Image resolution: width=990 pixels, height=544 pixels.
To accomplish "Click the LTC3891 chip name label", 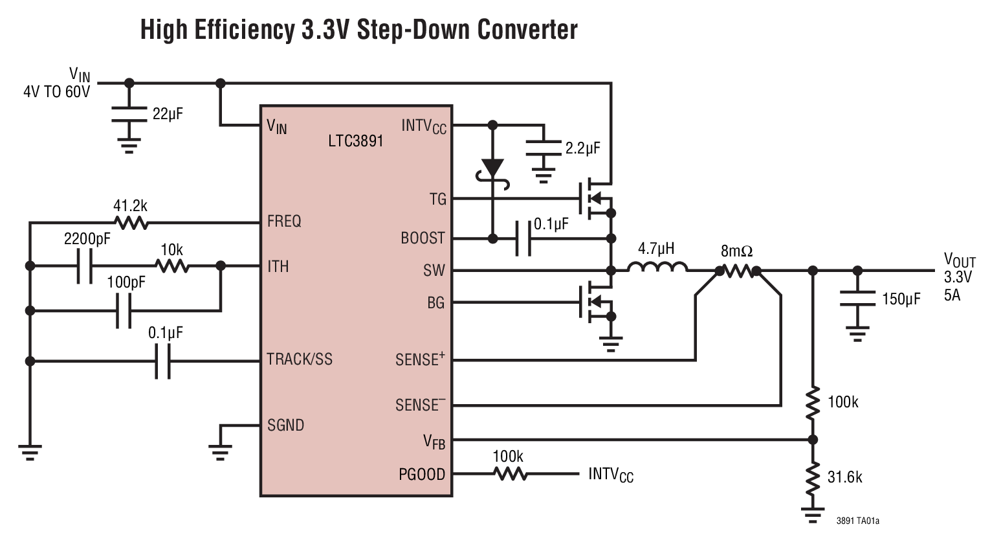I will pyautogui.click(x=355, y=140).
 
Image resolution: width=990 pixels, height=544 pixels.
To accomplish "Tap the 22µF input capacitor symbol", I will pyautogui.click(x=129, y=115).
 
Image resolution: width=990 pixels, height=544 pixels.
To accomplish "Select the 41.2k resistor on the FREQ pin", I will pyautogui.click(x=131, y=223).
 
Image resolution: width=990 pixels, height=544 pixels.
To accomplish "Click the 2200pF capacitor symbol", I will pyautogui.click(x=85, y=266).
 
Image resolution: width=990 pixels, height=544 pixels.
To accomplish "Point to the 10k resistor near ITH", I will pyautogui.click(x=171, y=266).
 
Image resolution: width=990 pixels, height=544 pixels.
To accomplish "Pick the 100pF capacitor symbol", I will pyautogui.click(x=123, y=312).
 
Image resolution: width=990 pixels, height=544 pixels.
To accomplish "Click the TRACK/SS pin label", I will pyautogui.click(x=299, y=359).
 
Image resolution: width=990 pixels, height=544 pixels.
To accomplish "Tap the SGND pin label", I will pyautogui.click(x=285, y=425).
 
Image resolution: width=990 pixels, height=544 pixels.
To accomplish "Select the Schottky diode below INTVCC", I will pyautogui.click(x=493, y=169).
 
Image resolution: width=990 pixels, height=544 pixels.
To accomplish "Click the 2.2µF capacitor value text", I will pyautogui.click(x=583, y=148).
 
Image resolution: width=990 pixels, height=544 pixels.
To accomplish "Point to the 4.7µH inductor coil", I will pyautogui.click(x=657, y=267).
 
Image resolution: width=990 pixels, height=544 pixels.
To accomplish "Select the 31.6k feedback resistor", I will pyautogui.click(x=813, y=477).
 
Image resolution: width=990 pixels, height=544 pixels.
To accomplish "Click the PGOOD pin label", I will pyautogui.click(x=422, y=475).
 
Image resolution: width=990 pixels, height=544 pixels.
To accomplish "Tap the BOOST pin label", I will pyautogui.click(x=423, y=238).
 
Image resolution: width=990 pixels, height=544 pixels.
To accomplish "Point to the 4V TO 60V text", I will pyautogui.click(x=57, y=91).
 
